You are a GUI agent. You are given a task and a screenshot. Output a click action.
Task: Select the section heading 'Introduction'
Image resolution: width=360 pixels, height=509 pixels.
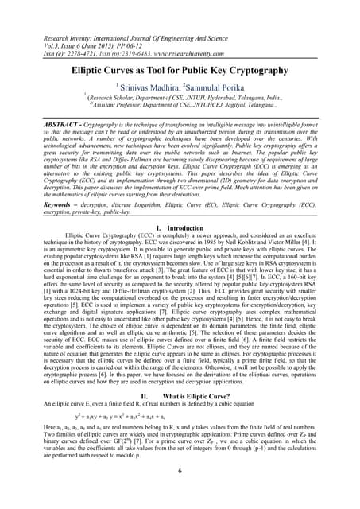[x=187, y=228]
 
